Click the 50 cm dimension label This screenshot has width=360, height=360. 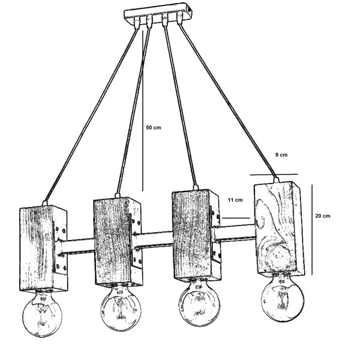coord(154,127)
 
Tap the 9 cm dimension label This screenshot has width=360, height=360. coord(281,155)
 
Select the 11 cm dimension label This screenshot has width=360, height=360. coord(235,200)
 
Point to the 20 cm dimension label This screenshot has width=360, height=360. coord(323,216)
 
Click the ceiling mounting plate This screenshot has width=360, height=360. coord(158,13)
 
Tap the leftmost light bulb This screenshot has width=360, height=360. coord(42,313)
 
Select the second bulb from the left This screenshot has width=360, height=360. coord(121,308)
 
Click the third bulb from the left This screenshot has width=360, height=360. coord(199,303)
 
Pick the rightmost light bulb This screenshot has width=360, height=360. coord(283,298)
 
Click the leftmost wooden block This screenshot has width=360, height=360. coord(43,248)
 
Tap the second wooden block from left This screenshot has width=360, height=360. coord(118,242)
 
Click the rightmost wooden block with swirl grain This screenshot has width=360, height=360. coord(280,229)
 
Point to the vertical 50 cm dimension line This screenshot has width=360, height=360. coord(143,110)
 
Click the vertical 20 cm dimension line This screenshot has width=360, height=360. coord(312,230)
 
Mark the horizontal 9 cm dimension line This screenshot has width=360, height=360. coord(274,175)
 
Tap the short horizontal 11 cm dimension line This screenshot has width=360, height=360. coord(236,218)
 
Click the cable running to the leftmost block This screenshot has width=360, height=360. coord(91,115)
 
